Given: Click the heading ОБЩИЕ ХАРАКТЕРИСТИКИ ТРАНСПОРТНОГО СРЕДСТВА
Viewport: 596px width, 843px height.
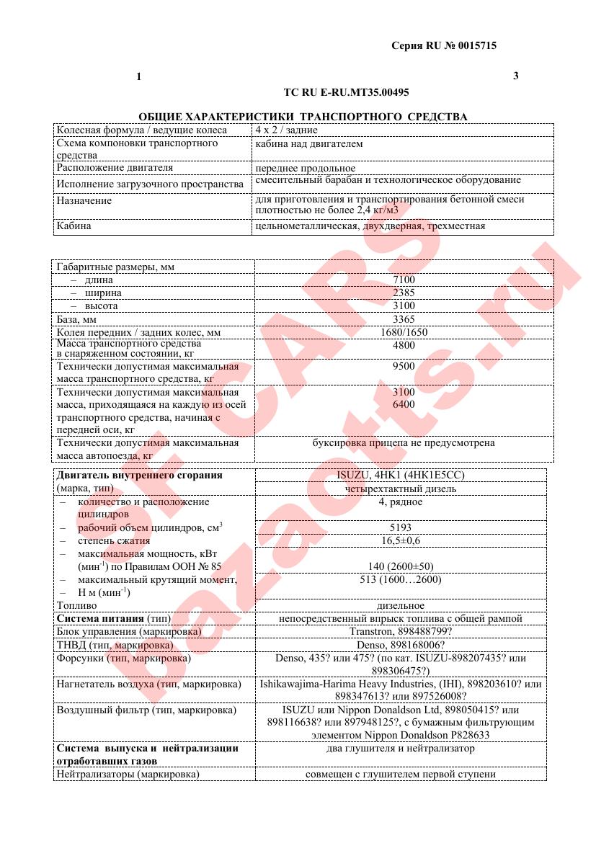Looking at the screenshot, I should coord(303,117).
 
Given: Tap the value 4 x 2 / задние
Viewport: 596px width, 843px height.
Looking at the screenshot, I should coord(286,130).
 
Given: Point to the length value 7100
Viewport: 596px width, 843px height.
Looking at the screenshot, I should coord(404,280).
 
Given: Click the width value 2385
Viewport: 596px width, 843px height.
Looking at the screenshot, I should coord(404,293).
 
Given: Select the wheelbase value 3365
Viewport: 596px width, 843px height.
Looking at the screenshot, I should coord(404,318).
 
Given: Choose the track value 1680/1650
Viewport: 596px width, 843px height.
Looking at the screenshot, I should coord(404,332).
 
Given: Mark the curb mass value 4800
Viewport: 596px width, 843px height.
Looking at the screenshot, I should coord(404,345).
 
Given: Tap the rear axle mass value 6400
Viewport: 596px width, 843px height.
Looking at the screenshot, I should coord(404,405).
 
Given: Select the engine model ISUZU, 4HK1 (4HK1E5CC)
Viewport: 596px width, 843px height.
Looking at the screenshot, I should coord(401,476).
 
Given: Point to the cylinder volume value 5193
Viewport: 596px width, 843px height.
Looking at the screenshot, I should coord(401,527).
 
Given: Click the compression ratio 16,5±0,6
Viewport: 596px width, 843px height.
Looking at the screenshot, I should coord(401,540).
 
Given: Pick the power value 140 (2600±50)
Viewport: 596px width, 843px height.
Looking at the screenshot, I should coord(401,566).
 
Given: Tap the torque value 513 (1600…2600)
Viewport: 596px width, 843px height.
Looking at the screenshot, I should coord(401,579).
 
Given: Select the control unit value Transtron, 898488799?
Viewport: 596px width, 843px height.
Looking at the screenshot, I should coord(401,632).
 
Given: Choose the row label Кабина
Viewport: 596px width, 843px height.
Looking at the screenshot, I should coord(74,226).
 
